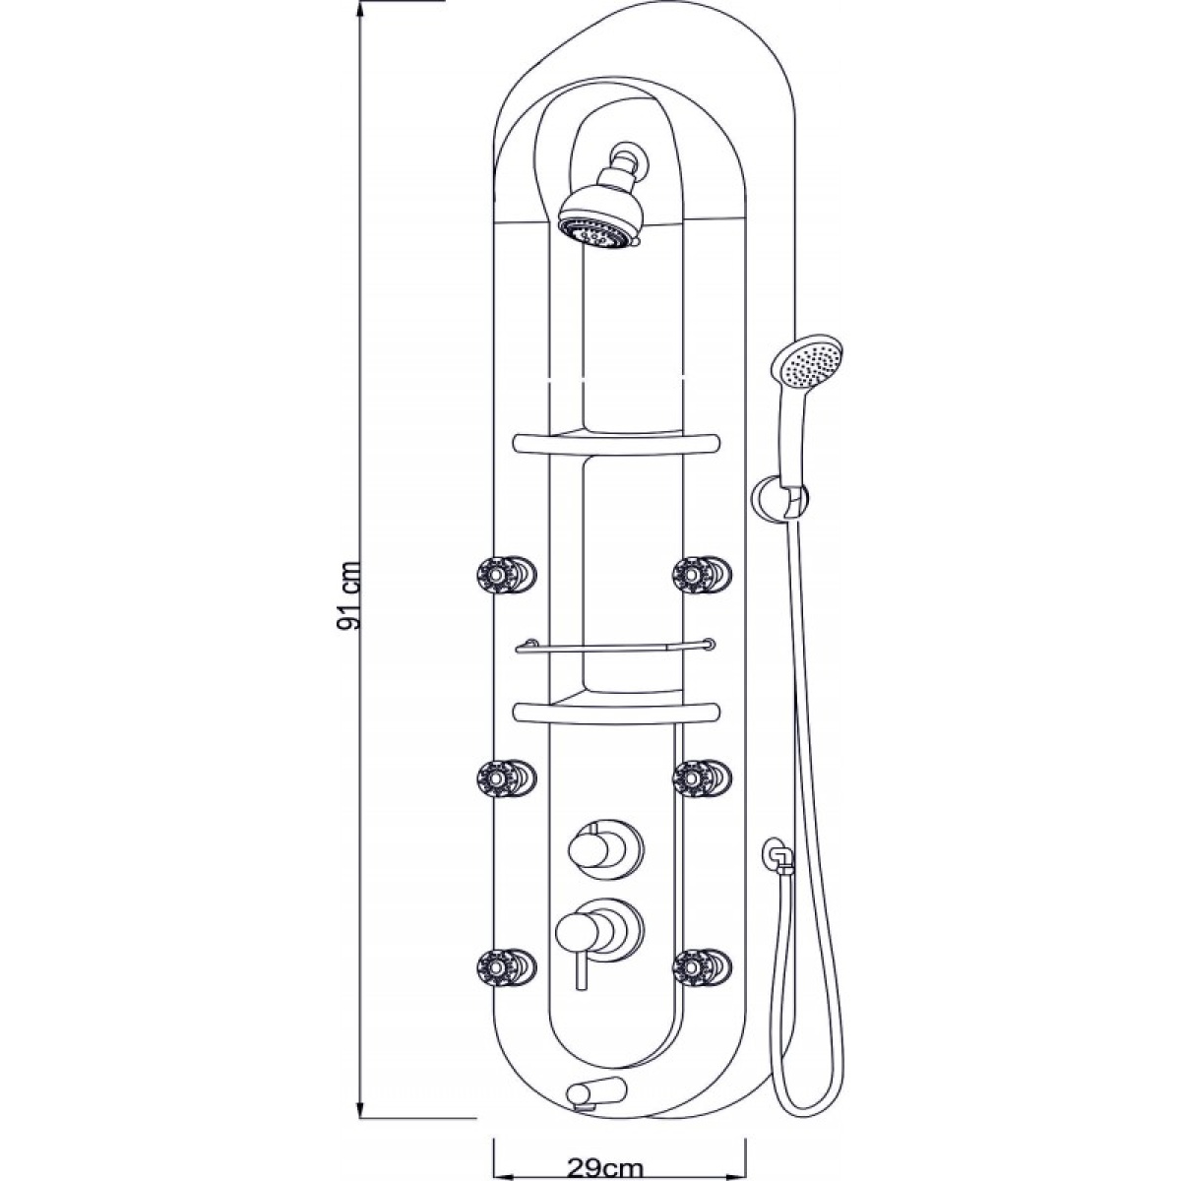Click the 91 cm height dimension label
click(x=349, y=594)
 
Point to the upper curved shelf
click(x=616, y=445)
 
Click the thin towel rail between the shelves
click(x=616, y=646)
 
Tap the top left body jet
click(x=506, y=575)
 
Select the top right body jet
click(x=703, y=575)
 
